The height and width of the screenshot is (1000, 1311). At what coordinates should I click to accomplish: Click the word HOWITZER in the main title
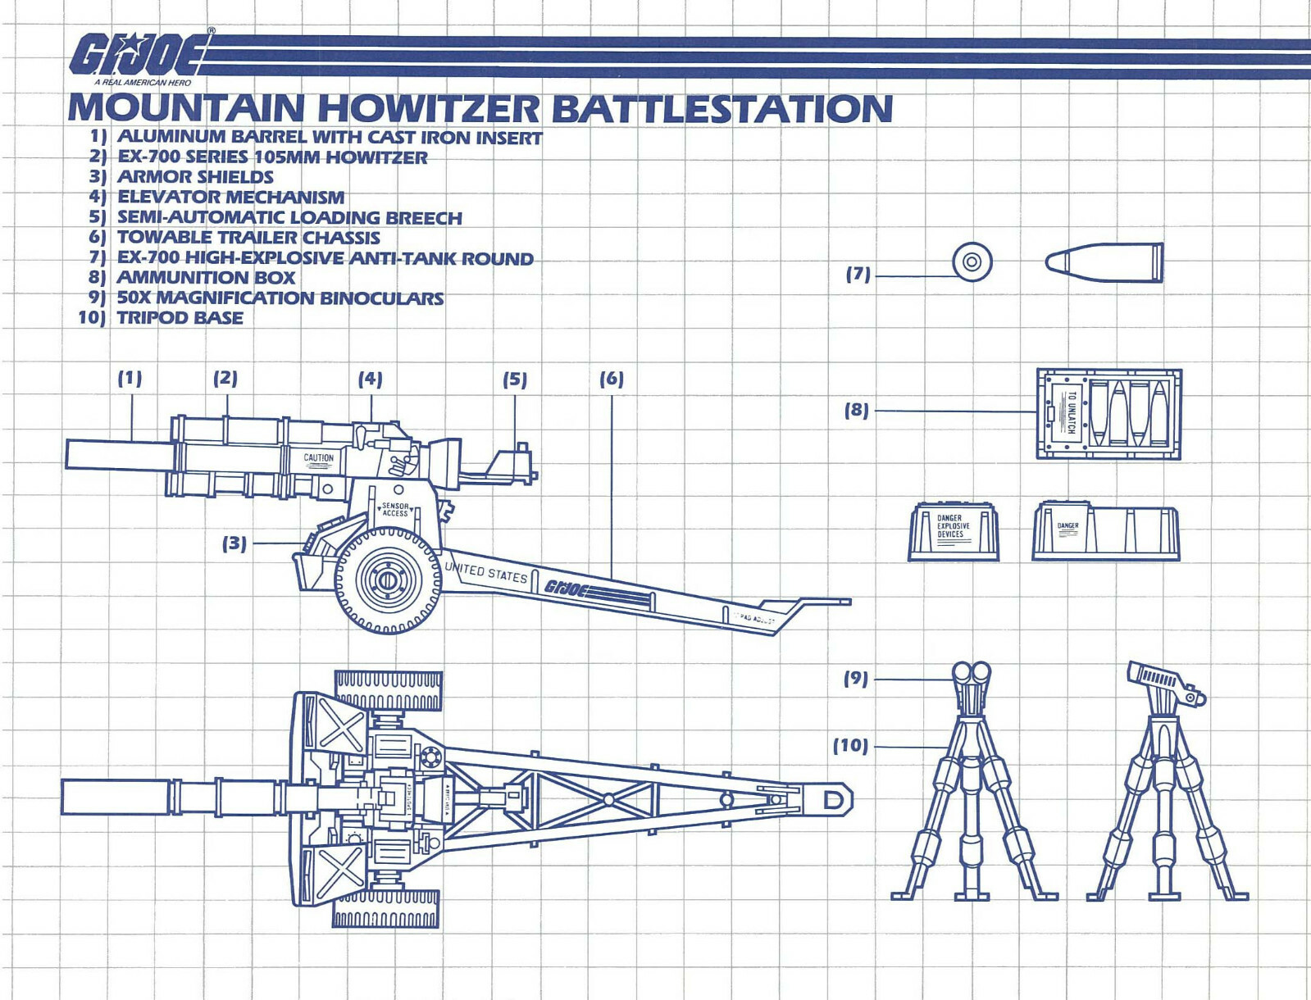[x=428, y=109]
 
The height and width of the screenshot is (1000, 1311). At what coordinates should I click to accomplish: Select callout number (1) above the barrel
[x=130, y=379]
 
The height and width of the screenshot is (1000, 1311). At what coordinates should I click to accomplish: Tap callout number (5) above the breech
[x=515, y=380]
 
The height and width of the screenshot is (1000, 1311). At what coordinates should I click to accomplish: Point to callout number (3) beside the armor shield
[x=234, y=543]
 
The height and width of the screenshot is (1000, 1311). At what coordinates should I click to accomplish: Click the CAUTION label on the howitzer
[x=319, y=458]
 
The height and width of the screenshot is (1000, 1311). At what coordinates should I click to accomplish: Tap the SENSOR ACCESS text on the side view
[x=395, y=510]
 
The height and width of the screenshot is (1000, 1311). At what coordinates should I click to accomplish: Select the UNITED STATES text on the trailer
[x=485, y=571]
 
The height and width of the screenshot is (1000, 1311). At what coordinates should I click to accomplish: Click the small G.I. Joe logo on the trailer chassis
[x=567, y=588]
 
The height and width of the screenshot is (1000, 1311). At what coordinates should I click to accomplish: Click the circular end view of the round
[x=972, y=262]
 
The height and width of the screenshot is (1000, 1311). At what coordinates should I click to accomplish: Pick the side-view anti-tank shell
[x=1104, y=262]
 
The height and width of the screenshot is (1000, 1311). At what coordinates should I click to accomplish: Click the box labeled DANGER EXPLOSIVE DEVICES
[x=953, y=531]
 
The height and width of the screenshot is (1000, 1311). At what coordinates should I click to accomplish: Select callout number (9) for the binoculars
[x=856, y=679]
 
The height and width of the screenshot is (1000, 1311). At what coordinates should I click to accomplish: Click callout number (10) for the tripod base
[x=850, y=746]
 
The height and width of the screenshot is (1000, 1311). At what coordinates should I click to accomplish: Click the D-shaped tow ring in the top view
[x=834, y=800]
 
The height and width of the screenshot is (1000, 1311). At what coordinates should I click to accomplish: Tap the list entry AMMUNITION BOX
[x=206, y=278]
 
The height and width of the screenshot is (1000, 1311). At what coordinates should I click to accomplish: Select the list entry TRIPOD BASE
[x=180, y=318]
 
